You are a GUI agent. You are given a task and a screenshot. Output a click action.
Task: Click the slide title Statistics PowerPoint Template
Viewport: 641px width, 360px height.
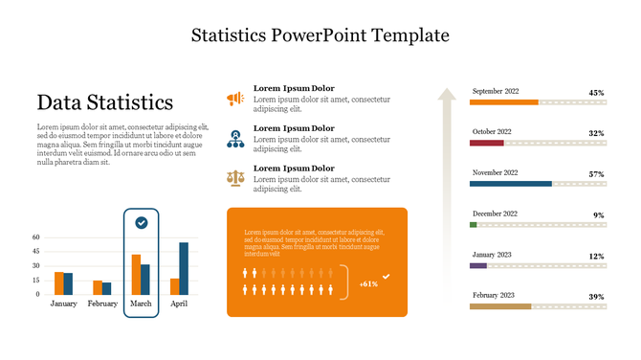320,35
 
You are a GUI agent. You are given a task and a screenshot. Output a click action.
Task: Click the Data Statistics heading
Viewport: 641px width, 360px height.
105,102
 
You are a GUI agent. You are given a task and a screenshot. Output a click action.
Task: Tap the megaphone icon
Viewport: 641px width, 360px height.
234,98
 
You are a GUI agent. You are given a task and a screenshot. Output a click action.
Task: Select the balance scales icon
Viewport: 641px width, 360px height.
234,177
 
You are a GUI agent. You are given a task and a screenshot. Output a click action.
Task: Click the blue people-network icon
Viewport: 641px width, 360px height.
234,138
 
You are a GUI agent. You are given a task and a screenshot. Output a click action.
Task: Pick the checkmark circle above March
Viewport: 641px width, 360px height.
142,222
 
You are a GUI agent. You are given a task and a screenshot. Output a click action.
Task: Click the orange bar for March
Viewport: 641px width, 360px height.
136,274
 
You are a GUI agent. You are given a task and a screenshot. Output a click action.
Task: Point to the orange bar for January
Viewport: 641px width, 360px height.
58,282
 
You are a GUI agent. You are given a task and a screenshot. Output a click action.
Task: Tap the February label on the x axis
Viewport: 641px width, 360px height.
102,304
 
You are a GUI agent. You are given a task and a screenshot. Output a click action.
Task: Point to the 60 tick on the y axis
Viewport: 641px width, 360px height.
35,237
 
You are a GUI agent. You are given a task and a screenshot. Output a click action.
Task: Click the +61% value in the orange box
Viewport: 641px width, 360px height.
368,283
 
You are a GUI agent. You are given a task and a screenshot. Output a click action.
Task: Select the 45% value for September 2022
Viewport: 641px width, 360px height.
596,93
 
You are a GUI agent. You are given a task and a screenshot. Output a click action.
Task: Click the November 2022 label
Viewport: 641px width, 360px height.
495,172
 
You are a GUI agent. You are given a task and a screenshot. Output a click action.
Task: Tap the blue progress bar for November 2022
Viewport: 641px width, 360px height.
511,183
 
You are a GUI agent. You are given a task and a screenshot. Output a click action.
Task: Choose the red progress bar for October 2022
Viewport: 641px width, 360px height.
486,143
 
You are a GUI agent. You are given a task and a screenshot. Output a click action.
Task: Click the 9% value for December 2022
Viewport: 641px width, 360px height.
598,215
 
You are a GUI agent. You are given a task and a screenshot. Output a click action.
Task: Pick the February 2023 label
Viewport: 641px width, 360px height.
494,296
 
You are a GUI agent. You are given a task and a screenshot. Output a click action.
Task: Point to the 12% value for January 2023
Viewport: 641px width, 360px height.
596,257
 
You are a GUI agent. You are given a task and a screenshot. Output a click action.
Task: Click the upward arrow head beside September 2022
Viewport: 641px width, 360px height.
446,94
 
